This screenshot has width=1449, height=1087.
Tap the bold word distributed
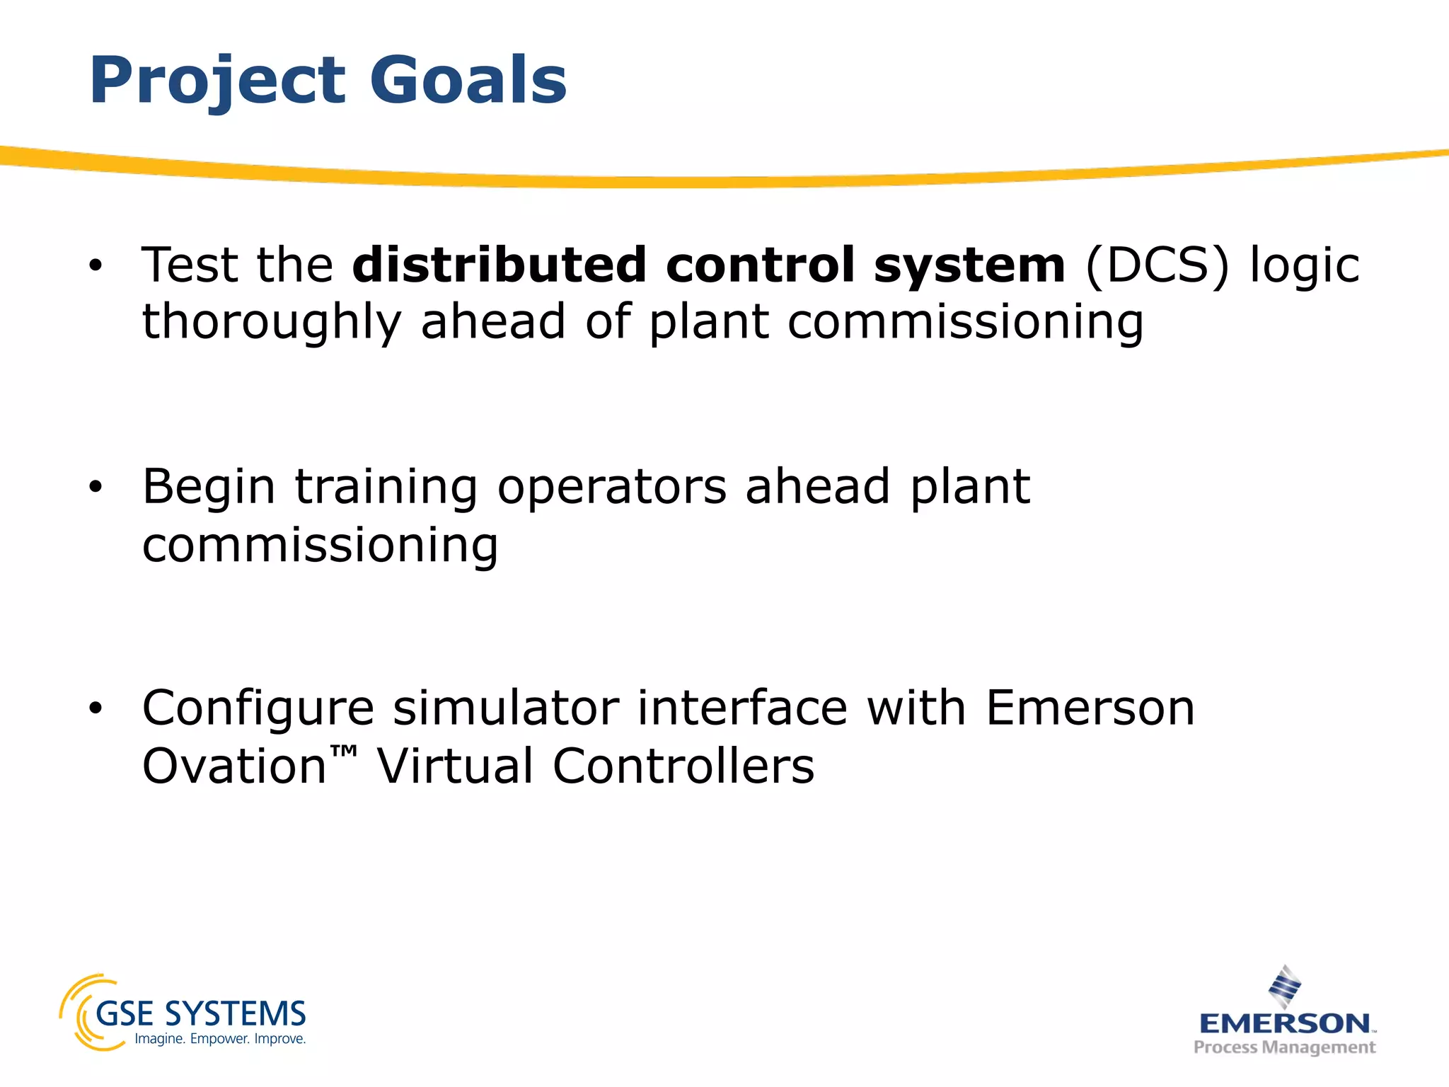pyautogui.click(x=500, y=265)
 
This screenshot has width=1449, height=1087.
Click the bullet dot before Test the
pyautogui.click(x=96, y=267)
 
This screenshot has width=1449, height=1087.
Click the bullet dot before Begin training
pyautogui.click(x=96, y=488)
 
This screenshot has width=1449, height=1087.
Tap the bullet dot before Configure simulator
pyautogui.click(x=96, y=708)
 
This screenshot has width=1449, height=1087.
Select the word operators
pyautogui.click(x=611, y=489)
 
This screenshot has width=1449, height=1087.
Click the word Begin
pyautogui.click(x=209, y=489)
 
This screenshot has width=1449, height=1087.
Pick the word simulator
pyautogui.click(x=505, y=708)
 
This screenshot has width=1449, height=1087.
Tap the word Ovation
pyautogui.click(x=233, y=766)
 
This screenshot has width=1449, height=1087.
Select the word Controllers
pyautogui.click(x=683, y=766)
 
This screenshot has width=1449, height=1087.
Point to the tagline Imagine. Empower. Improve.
pyautogui.click(x=220, y=1040)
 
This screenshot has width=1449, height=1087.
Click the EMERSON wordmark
pyautogui.click(x=1284, y=1023)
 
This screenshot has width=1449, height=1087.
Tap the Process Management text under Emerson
pyautogui.click(x=1284, y=1047)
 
